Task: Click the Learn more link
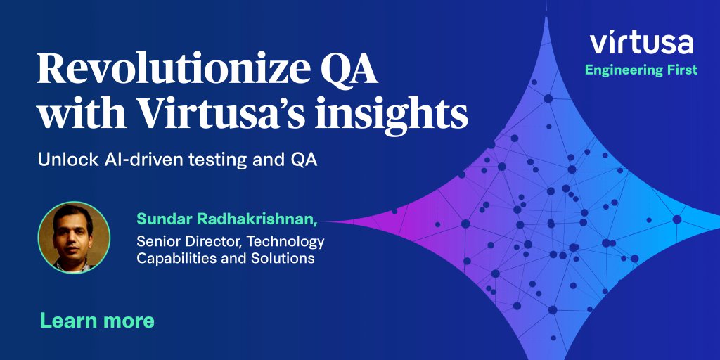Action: pyautogui.click(x=97, y=321)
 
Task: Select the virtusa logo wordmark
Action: pyautogui.click(x=641, y=43)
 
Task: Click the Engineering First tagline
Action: pyautogui.click(x=641, y=70)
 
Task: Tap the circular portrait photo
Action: pyautogui.click(x=74, y=236)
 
